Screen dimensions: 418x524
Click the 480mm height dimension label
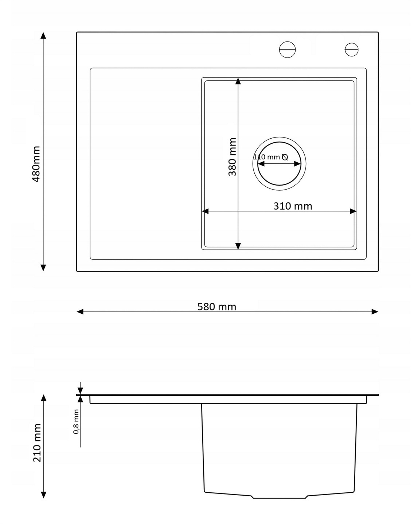[36, 164]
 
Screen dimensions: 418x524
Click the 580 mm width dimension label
[216, 307]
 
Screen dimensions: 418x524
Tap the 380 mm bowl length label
[232, 157]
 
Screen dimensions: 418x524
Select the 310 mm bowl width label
[292, 206]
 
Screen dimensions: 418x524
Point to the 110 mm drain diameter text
[266, 157]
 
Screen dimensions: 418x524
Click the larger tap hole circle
[287, 50]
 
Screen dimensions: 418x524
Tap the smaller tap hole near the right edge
[351, 50]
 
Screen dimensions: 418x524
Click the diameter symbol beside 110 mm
[285, 157]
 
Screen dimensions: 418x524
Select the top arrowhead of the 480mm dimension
[43, 36]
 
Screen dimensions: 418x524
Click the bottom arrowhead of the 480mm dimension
[43, 268]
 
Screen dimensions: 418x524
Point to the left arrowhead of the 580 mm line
[80, 312]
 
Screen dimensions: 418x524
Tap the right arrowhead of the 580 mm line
[375, 312]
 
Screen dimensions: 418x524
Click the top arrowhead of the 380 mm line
[238, 81]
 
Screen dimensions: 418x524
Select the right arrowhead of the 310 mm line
[353, 211]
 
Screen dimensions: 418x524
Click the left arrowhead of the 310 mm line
[205, 211]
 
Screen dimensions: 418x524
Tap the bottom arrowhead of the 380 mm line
[238, 246]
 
